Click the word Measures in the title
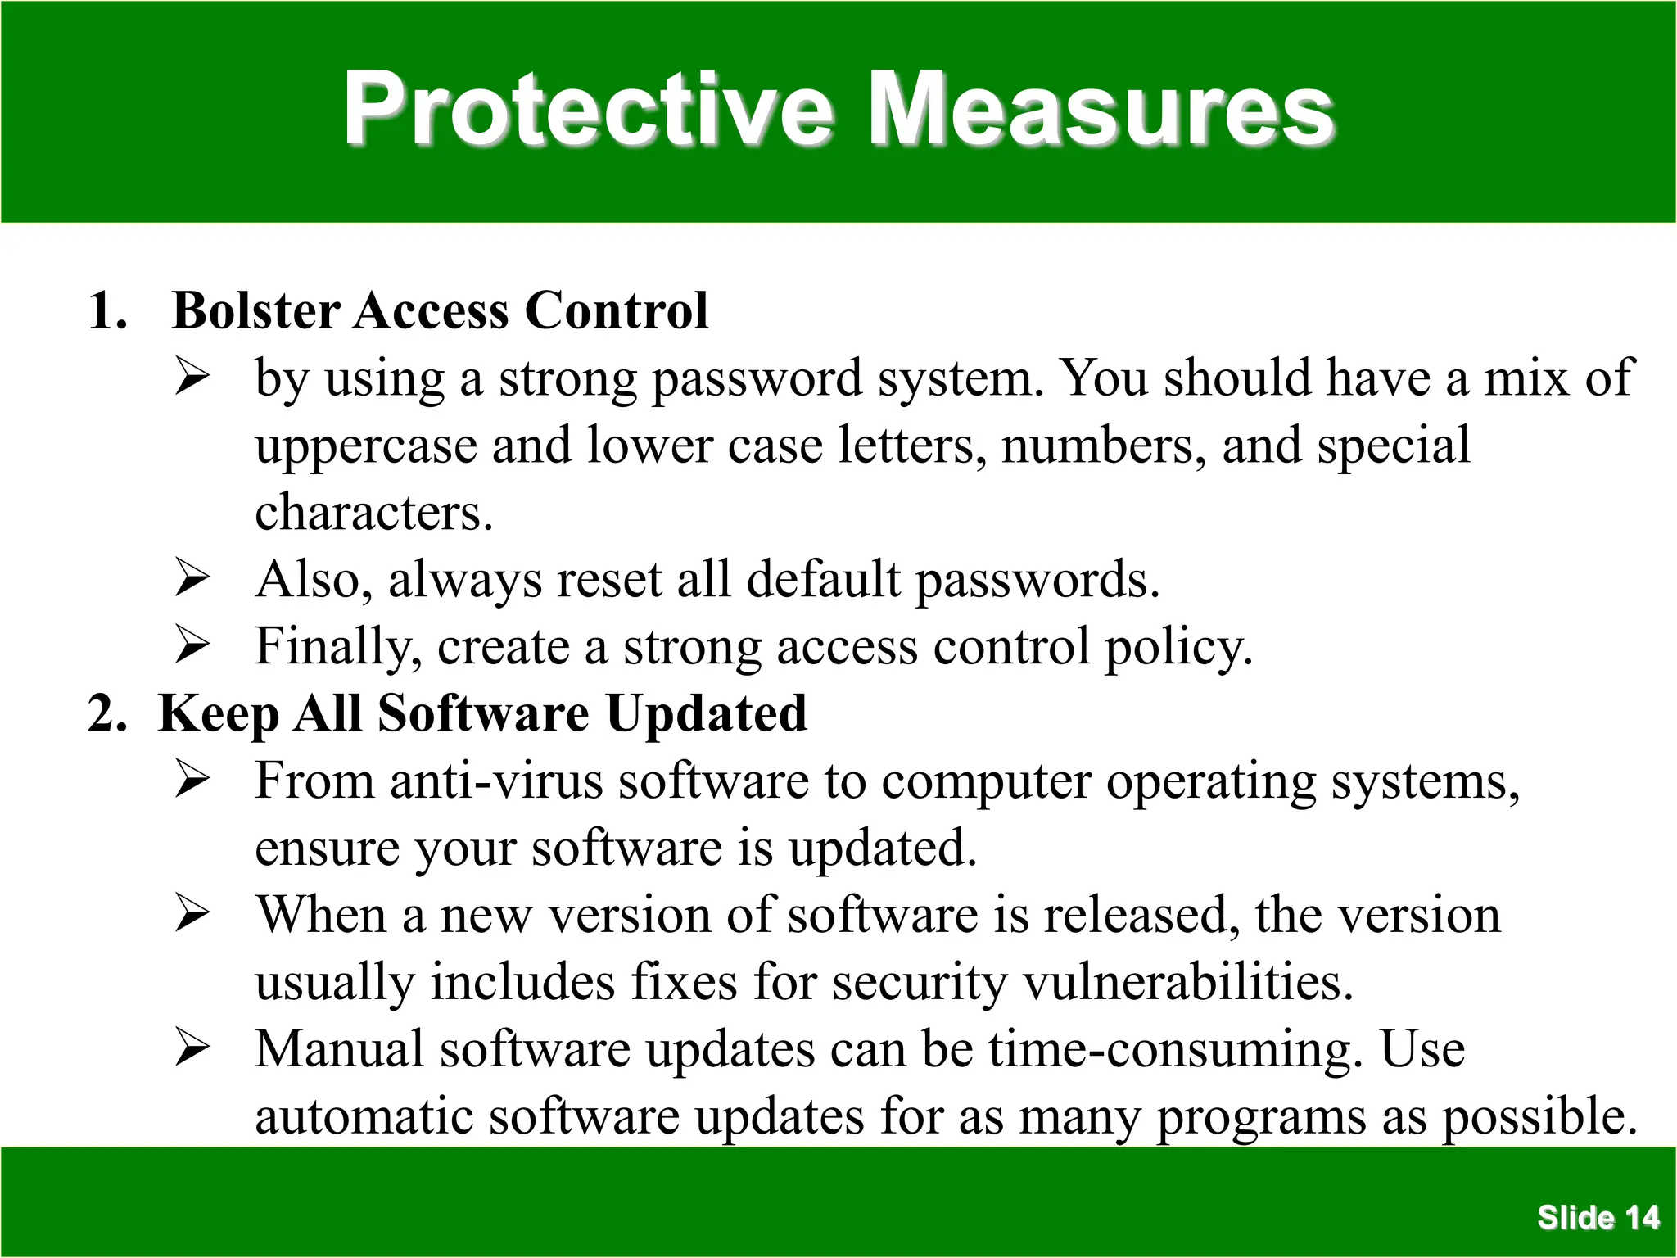pyautogui.click(x=1101, y=110)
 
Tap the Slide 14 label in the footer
pyautogui.click(x=1598, y=1218)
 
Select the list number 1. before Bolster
pyautogui.click(x=108, y=311)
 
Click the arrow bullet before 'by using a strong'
pyautogui.click(x=192, y=378)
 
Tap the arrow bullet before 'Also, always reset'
pyautogui.click(x=192, y=580)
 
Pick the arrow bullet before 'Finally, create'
pyautogui.click(x=192, y=647)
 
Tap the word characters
pyautogui.click(x=374, y=513)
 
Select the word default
pyautogui.click(x=823, y=580)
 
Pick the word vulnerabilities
pyautogui.click(x=1188, y=983)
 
